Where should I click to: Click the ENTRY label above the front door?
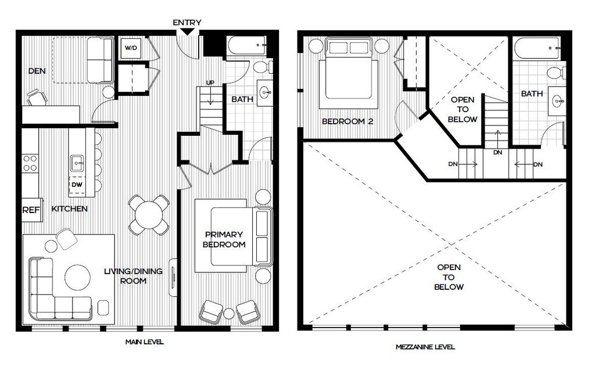187,23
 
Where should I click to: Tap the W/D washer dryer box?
131,48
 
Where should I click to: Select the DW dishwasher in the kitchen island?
77,185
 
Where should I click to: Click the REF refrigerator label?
31,210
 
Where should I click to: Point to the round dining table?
149,215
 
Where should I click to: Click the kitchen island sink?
77,163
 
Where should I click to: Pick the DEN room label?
37,71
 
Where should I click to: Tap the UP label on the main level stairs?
210,82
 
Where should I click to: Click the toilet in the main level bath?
263,67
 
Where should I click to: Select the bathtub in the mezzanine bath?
536,48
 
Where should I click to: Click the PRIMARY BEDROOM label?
224,240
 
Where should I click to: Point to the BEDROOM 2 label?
347,121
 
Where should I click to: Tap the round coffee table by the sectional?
77,277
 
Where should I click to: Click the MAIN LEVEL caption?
145,342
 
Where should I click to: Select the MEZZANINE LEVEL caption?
425,347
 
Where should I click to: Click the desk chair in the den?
37,98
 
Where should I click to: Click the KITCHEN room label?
70,208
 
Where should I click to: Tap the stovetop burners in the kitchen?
30,163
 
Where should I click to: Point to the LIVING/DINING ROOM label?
133,276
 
